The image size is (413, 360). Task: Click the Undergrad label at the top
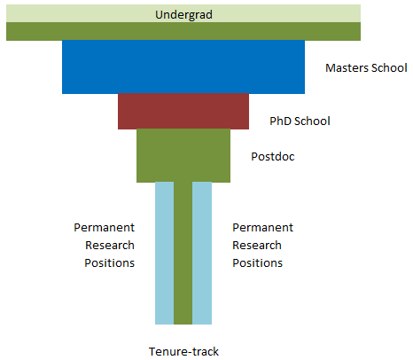pyautogui.click(x=183, y=14)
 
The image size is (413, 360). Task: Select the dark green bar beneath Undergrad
pyautogui.click(x=183, y=31)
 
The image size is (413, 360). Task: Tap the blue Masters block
pyautogui.click(x=183, y=67)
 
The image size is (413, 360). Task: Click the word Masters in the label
pyautogui.click(x=347, y=68)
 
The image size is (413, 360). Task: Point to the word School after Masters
pyautogui.click(x=389, y=68)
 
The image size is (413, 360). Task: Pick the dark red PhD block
pyautogui.click(x=183, y=112)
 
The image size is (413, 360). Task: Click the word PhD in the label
pyautogui.click(x=280, y=121)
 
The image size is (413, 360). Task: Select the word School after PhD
pyautogui.click(x=312, y=121)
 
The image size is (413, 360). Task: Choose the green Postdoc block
pyautogui.click(x=183, y=156)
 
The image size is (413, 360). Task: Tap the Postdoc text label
pyautogui.click(x=273, y=157)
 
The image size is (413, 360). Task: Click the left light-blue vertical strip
pyautogui.click(x=165, y=254)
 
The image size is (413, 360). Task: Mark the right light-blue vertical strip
pyautogui.click(x=202, y=254)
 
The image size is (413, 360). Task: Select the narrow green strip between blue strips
pyautogui.click(x=183, y=254)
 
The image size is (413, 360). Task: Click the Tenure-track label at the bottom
pyautogui.click(x=183, y=352)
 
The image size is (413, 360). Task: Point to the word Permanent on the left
pyautogui.click(x=105, y=228)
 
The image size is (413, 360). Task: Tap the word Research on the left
pyautogui.click(x=110, y=246)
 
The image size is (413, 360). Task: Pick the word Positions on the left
pyautogui.click(x=110, y=263)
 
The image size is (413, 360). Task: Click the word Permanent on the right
pyautogui.click(x=263, y=228)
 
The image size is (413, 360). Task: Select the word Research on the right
pyautogui.click(x=257, y=246)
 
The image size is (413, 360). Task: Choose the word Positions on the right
pyautogui.click(x=258, y=263)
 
